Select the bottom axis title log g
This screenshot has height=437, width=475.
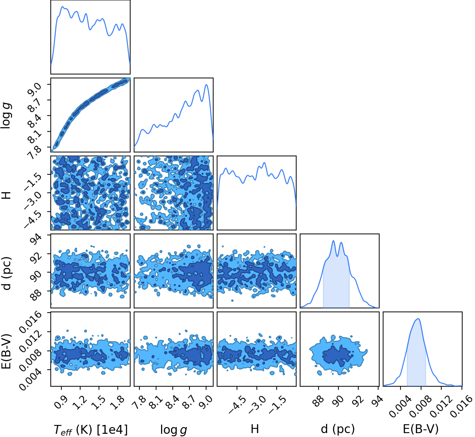coord(173,430)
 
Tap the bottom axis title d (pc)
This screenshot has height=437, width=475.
coord(338,429)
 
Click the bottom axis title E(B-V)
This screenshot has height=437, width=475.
coord(421,429)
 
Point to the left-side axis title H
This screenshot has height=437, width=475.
coord(7,195)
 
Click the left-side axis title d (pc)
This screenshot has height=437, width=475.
coord(7,273)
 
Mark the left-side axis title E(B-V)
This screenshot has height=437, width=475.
coord(7,351)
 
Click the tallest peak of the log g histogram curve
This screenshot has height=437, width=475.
coord(206,85)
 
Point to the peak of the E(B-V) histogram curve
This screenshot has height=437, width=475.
coord(418,319)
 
